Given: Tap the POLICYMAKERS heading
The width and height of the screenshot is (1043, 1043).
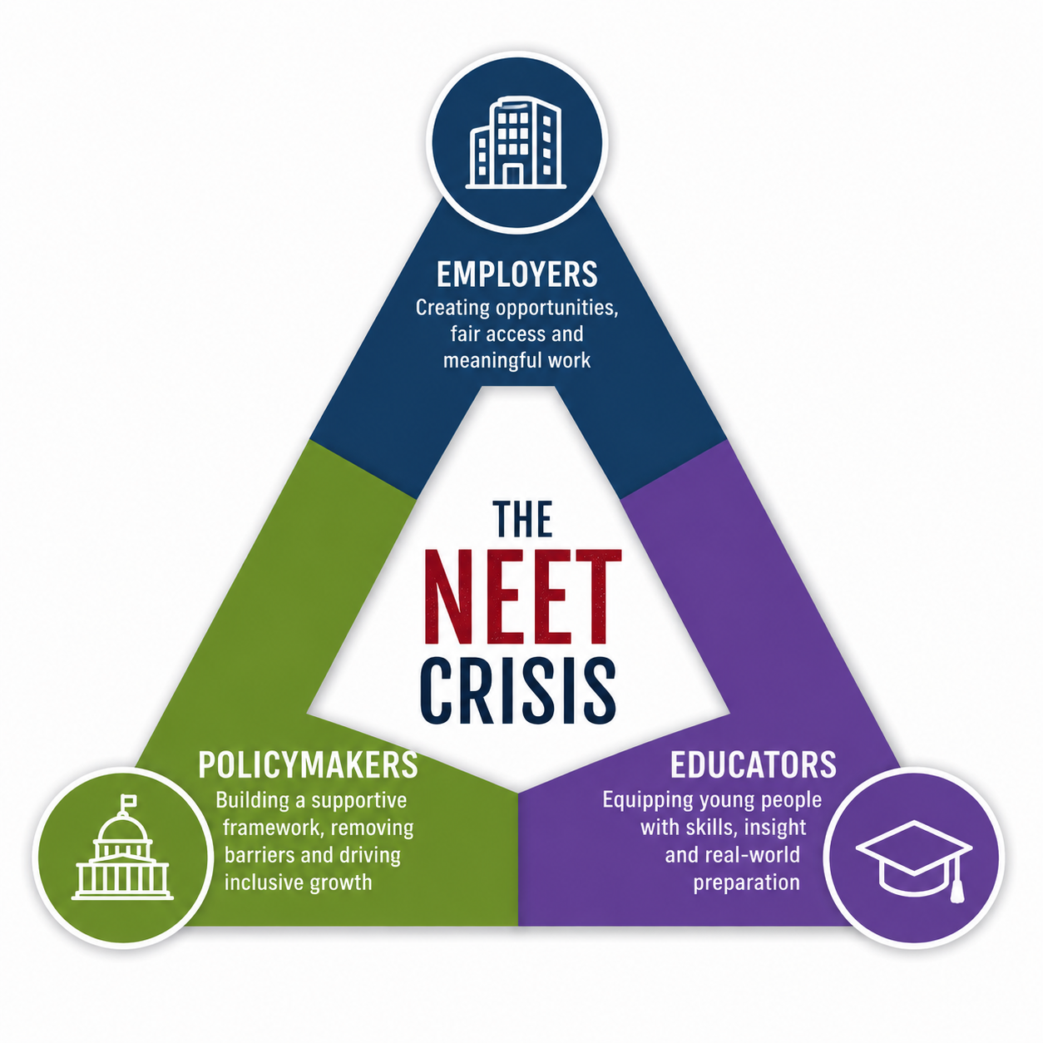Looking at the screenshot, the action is [x=308, y=764].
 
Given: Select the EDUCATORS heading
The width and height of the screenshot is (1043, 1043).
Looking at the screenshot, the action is [x=754, y=764].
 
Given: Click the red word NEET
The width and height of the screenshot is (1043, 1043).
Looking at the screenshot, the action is [x=522, y=596].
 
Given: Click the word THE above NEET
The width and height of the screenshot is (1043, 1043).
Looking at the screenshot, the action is [x=522, y=519].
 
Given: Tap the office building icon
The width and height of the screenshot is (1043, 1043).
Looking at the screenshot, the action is [x=516, y=143].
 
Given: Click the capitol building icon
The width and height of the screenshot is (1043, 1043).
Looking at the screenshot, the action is [x=122, y=847].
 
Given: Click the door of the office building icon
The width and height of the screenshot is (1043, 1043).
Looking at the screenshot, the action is [x=512, y=175].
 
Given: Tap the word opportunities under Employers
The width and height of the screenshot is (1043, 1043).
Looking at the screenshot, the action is [x=557, y=309].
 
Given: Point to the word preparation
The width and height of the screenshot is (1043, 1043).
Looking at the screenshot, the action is [x=747, y=883].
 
